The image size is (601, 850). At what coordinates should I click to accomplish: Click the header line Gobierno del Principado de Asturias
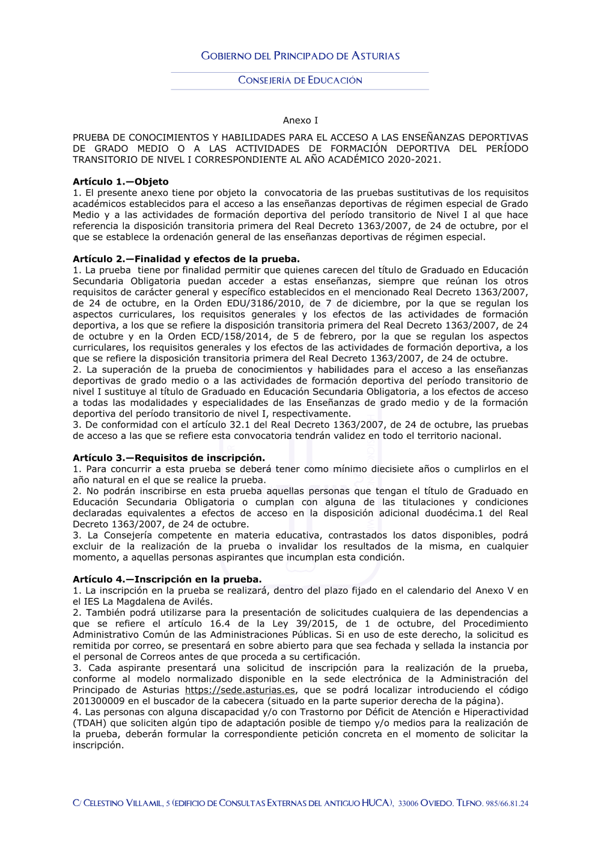[x=300, y=56]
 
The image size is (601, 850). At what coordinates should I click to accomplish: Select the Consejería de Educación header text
[x=300, y=80]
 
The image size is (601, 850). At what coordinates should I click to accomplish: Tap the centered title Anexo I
[x=300, y=120]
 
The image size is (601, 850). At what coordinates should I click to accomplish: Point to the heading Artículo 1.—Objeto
[x=120, y=182]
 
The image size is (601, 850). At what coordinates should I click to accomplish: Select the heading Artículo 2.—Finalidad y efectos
[x=186, y=259]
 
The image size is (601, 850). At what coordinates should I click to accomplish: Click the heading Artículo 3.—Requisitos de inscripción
[x=168, y=458]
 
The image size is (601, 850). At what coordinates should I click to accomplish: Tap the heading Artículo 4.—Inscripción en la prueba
[x=166, y=579]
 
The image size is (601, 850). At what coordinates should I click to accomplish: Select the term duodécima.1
[x=448, y=513]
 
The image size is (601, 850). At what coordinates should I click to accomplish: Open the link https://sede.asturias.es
[x=240, y=690]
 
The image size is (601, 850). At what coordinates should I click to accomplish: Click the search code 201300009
[x=99, y=701]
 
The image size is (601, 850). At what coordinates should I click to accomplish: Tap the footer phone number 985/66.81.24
[x=507, y=804]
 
